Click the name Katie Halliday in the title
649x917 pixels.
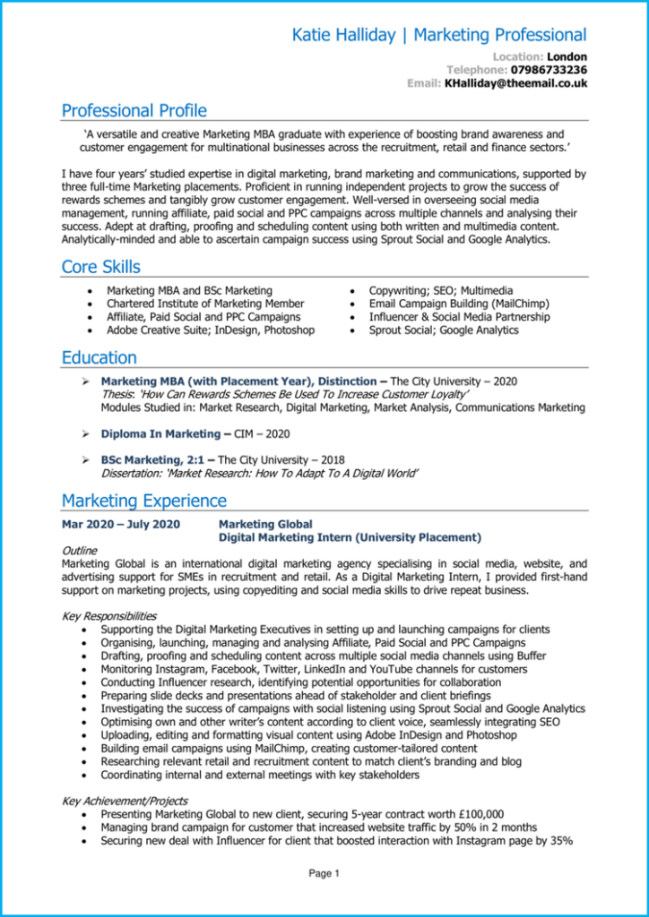click(345, 35)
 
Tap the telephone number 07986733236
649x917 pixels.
click(549, 70)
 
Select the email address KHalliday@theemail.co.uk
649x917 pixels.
click(515, 83)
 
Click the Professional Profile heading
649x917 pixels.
click(134, 111)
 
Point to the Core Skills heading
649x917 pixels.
click(100, 267)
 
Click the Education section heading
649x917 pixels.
click(99, 358)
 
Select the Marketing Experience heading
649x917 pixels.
click(143, 501)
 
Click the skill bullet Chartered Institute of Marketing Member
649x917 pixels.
click(204, 304)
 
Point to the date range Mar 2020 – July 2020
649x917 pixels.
click(121, 524)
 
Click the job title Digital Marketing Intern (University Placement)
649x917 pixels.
click(350, 537)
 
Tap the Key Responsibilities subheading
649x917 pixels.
click(108, 616)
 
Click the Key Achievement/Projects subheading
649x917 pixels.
click(125, 801)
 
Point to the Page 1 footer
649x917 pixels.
click(324, 873)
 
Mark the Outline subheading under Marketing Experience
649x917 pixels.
click(80, 551)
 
